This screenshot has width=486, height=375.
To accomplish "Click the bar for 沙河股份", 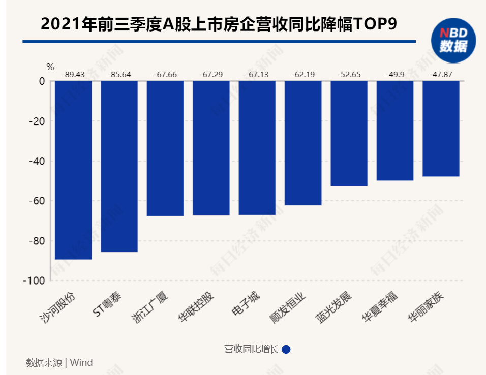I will coord(73,170).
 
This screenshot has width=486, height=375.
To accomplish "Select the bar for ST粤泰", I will coord(119,167).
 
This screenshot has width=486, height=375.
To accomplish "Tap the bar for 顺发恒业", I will coord(303,143).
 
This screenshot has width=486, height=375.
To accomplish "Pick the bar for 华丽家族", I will coord(441,129).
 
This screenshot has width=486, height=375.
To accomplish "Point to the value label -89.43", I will coord(73,75).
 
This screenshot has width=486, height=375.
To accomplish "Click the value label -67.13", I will coord(257,75).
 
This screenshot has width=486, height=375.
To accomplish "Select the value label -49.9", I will coord(395,75).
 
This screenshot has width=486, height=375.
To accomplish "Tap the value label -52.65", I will coord(349,75).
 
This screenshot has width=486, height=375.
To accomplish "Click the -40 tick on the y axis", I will coord(36,161).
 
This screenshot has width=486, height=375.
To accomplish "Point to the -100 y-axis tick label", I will coord(34,280).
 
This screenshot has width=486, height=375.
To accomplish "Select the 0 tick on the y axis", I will coord(42,81).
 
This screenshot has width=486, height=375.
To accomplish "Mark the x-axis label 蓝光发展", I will coord(334,307).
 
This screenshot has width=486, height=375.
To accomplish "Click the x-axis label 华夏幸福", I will coord(380,307).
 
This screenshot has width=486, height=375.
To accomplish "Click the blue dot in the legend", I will coord(286,349).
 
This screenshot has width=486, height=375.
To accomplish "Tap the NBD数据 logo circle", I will coord(453,41).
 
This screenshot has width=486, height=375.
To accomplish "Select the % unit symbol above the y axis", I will coord(50,67).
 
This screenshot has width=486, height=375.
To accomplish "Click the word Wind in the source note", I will coord(81,363).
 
